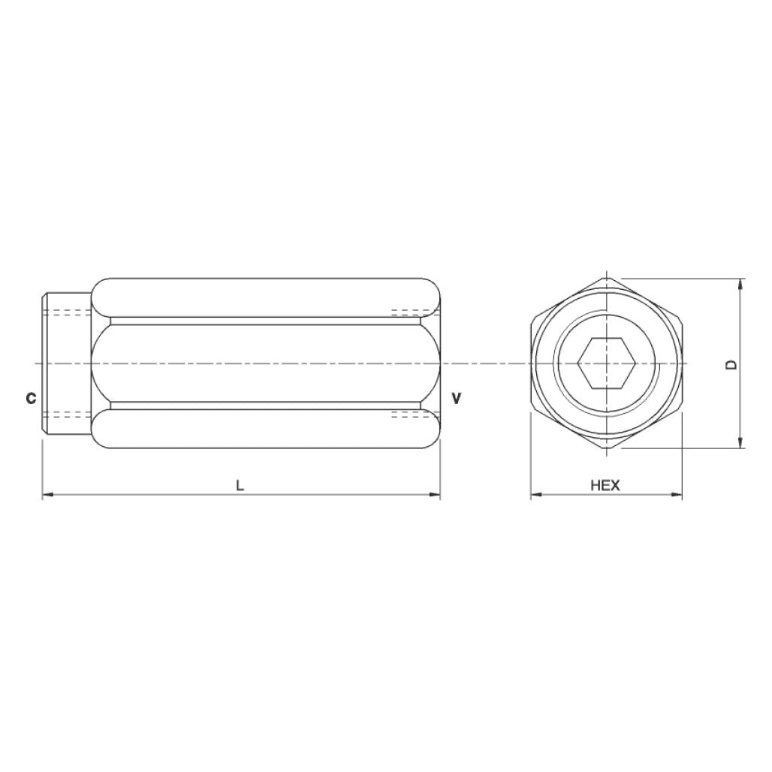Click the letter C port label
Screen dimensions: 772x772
[31, 398]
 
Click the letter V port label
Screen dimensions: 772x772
[456, 397]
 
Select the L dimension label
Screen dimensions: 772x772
[240, 485]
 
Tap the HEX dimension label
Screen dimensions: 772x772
[605, 485]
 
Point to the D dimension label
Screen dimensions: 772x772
[731, 364]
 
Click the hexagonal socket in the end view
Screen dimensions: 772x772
[606, 363]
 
